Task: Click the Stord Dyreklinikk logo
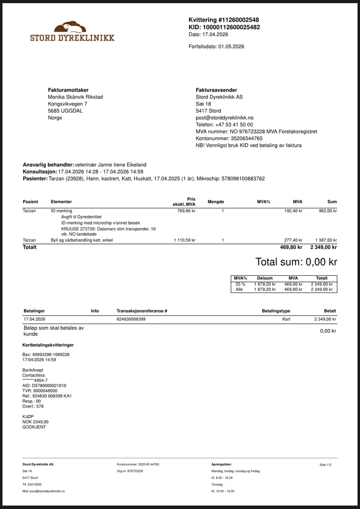tap(72, 32)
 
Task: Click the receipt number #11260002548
tap(239, 20)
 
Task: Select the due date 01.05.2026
tap(231, 47)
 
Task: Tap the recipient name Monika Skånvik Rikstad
tap(75, 97)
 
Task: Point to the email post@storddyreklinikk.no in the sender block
tap(225, 118)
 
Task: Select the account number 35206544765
tap(240, 138)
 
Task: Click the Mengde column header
tap(216, 202)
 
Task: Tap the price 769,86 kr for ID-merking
tap(186, 211)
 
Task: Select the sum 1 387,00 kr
tap(326, 240)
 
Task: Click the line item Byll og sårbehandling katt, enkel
tap(82, 240)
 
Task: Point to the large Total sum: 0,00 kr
tap(296, 262)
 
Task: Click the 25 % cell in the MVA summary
tap(240, 284)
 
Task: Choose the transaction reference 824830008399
tap(131, 319)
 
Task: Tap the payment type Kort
tap(286, 319)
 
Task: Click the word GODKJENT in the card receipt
tap(32, 427)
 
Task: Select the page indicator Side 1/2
tap(325, 465)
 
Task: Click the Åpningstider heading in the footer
tap(221, 464)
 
